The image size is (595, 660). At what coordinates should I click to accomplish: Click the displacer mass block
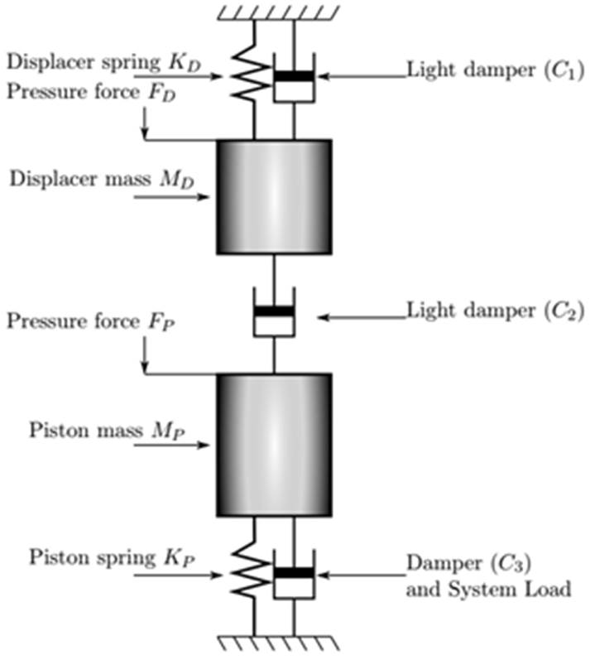[274, 196]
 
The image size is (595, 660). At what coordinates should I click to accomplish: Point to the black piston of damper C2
[273, 311]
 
